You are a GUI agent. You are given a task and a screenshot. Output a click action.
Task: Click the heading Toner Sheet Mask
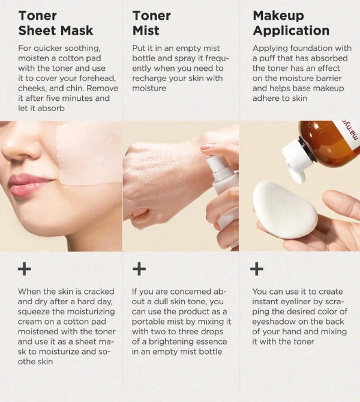click(56, 23)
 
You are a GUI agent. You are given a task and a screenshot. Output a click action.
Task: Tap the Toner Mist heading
click(152, 23)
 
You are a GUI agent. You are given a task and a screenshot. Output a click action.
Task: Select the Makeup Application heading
click(291, 23)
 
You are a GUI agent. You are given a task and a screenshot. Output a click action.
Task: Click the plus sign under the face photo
click(25, 269)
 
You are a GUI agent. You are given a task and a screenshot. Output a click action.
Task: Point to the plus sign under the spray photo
click(139, 269)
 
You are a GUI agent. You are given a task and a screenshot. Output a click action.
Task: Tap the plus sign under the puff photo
click(257, 269)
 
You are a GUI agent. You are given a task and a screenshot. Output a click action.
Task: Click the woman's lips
click(22, 185)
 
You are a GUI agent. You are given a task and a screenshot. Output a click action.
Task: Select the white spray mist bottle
click(223, 195)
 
